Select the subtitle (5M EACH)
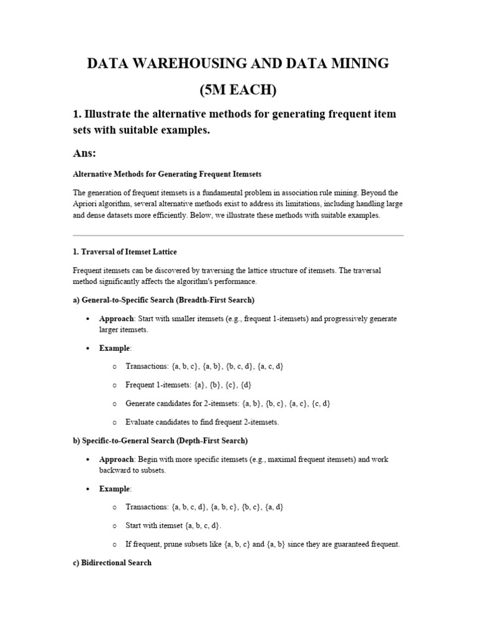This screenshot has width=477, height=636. pos(238,90)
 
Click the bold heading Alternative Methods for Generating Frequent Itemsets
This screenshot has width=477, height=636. pos(163,174)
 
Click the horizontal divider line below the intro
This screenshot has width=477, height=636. pos(238,235)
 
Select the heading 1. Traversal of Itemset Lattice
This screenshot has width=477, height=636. pos(125,252)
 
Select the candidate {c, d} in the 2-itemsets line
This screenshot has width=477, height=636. pos(320,404)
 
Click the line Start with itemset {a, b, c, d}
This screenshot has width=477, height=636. pos(173,525)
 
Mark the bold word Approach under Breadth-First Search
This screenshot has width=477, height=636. pos(116,319)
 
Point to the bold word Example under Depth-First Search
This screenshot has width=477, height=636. pos(114,489)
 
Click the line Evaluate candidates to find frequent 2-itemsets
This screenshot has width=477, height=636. pos(202,422)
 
